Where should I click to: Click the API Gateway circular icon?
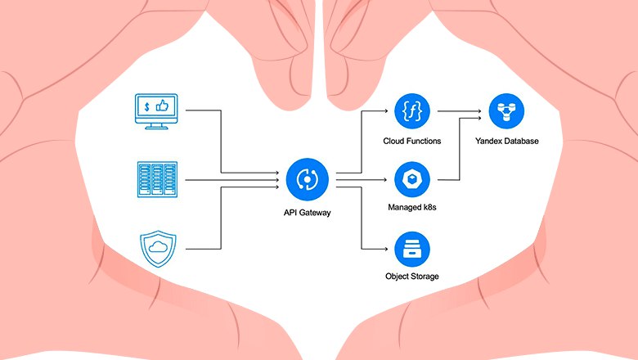coord(308,178)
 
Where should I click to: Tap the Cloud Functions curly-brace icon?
coord(412,111)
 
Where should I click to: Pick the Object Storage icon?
coord(412,248)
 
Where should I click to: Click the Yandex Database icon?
coord(507,111)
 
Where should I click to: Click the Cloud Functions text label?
coord(412,141)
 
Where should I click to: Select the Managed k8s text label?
coord(412,208)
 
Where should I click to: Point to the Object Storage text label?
coord(412,277)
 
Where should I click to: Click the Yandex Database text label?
coord(507,141)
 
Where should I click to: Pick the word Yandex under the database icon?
coord(491,141)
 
